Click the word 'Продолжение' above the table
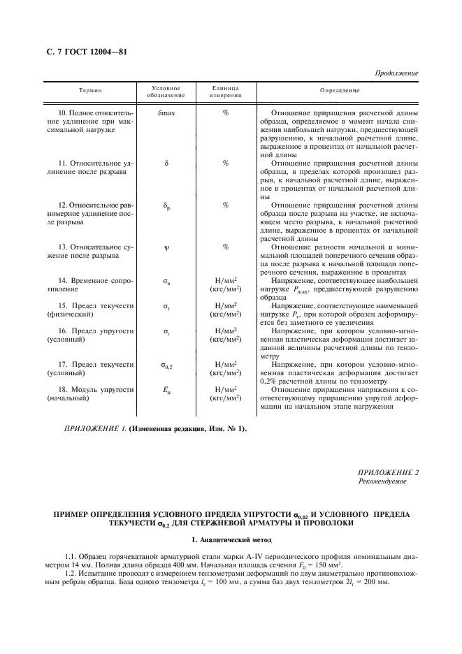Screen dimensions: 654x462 tap(396, 73)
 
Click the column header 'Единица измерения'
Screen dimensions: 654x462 tap(225, 92)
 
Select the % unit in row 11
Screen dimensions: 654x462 tap(225, 163)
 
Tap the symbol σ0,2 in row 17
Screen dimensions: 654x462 tap(166, 365)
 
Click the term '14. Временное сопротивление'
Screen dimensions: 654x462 tap(89, 283)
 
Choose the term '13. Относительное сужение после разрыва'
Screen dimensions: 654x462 tap(89, 252)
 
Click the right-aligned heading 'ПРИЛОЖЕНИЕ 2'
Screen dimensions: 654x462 tap(388, 473)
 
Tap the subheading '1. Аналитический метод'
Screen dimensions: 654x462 tap(231, 540)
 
